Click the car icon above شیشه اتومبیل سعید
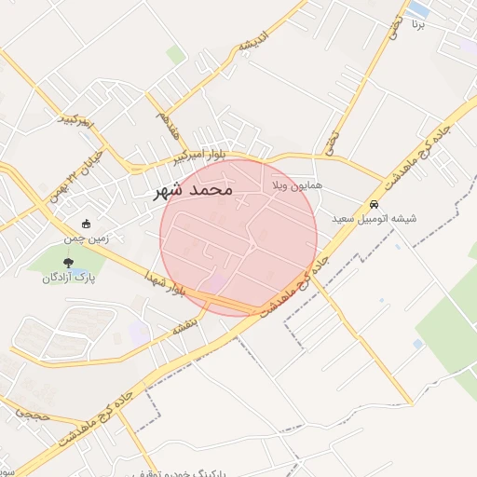point(374,204)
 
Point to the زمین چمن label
point(87,238)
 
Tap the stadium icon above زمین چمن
point(87,224)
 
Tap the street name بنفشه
point(184,329)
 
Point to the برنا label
point(419,25)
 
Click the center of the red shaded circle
point(238,237)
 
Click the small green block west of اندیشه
point(175,55)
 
